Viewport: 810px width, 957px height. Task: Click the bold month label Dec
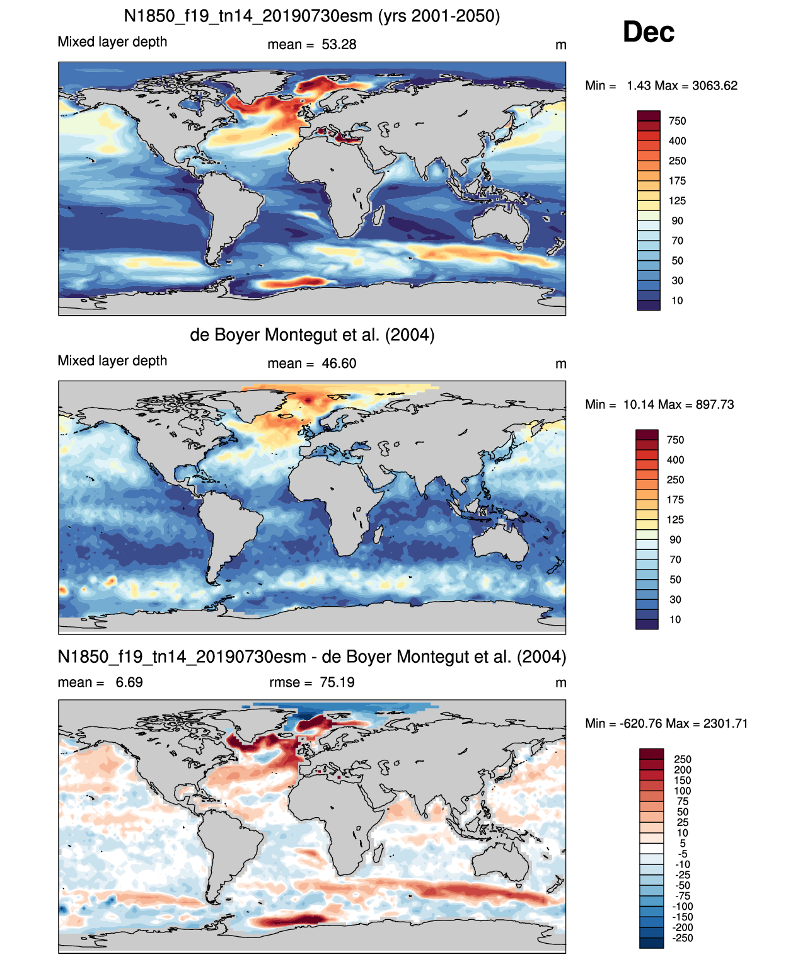648,32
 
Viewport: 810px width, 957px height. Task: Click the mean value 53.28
338,45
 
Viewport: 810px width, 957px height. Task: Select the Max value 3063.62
714,86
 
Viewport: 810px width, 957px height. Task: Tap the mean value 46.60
338,364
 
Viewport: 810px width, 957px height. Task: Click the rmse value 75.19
337,682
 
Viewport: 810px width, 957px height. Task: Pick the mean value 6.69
129,682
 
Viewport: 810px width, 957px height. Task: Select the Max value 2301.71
726,724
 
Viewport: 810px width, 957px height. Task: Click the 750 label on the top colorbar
676,122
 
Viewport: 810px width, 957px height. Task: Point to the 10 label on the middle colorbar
674,619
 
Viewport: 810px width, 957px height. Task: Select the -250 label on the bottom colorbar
683,938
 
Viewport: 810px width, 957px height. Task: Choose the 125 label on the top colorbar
676,201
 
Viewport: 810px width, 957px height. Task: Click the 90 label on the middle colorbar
674,540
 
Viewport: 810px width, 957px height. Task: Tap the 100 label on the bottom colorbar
683,791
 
